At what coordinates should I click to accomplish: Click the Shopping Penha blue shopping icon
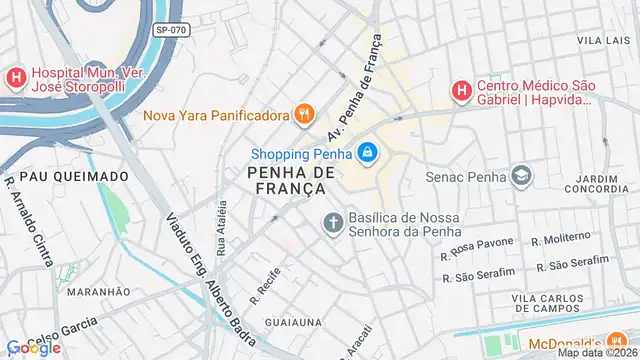pyautogui.click(x=367, y=153)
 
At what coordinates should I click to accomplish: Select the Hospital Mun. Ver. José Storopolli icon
pyautogui.click(x=16, y=78)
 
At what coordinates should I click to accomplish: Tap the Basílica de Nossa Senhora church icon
pyautogui.click(x=332, y=222)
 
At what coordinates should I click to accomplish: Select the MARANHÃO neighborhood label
pyautogui.click(x=99, y=291)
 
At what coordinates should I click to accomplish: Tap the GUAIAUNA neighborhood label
pyautogui.click(x=294, y=322)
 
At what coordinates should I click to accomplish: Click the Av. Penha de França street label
pyautogui.click(x=354, y=89)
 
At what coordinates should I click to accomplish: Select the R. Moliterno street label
pyautogui.click(x=562, y=240)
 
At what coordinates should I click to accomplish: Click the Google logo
pyautogui.click(x=34, y=347)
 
